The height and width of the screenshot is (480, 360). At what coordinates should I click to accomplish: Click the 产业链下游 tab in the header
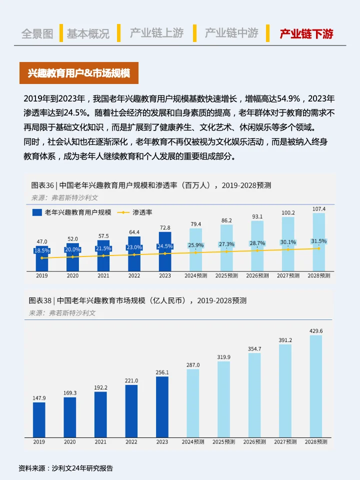(x=306, y=33)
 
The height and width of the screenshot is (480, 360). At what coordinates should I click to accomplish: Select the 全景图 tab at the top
(x=37, y=33)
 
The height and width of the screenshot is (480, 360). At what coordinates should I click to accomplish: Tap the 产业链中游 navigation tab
(x=231, y=33)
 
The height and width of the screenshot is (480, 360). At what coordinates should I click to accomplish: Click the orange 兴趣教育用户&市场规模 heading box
(x=78, y=73)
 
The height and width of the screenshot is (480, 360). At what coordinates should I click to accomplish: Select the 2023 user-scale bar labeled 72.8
(x=165, y=252)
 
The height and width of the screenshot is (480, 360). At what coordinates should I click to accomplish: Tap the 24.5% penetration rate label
(x=165, y=246)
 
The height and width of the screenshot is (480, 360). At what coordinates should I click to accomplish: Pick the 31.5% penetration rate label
(x=318, y=241)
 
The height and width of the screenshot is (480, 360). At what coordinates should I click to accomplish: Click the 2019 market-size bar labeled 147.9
(x=39, y=419)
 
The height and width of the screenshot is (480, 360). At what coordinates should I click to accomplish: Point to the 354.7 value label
(x=254, y=348)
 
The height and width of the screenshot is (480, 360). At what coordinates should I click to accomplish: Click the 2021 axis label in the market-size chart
(x=100, y=442)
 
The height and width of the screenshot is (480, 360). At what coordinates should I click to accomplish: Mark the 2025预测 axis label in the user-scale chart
(x=226, y=275)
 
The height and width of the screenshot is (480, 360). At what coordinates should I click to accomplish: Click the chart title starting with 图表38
(x=137, y=300)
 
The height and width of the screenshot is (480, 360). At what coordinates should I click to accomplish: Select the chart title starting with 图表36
(x=151, y=185)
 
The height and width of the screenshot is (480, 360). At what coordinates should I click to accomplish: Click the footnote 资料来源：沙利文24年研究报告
(x=65, y=468)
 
